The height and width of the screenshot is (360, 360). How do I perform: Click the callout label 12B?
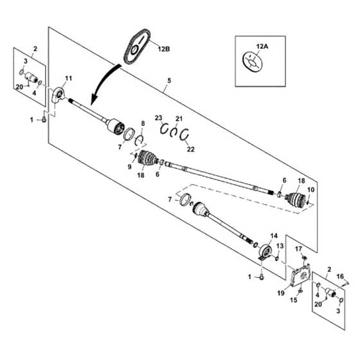click(x=163, y=49)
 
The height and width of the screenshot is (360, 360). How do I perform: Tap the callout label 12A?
click(x=262, y=46)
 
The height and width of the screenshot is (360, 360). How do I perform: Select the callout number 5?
click(x=169, y=80)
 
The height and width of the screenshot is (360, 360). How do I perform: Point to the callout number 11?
click(x=68, y=78)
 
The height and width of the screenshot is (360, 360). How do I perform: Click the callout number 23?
click(x=158, y=118)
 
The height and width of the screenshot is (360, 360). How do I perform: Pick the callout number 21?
click(x=179, y=119)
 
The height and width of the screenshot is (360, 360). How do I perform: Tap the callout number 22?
click(x=190, y=149)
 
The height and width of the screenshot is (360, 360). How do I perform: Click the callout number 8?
click(x=143, y=123)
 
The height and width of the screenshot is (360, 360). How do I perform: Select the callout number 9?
click(x=129, y=166)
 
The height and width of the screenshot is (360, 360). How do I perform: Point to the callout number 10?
click(x=310, y=190)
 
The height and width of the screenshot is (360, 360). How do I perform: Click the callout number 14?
click(x=274, y=235)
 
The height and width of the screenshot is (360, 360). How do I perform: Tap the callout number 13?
click(x=280, y=246)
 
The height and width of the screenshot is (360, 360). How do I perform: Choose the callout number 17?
click(x=298, y=249)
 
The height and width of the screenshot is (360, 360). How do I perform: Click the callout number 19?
click(x=281, y=293)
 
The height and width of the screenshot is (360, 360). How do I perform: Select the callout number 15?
click(x=294, y=300)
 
